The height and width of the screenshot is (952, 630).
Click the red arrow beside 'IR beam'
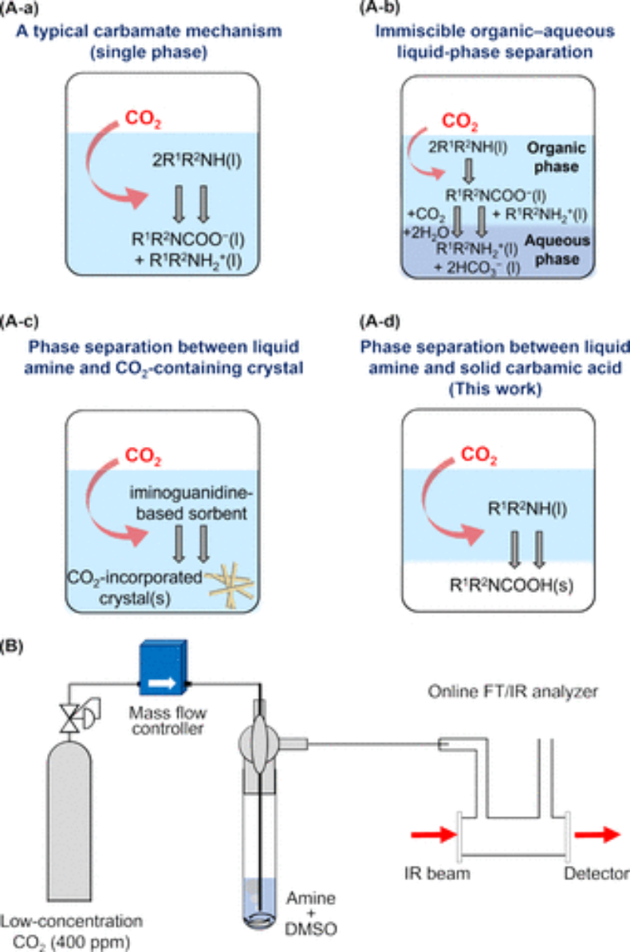428,835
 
